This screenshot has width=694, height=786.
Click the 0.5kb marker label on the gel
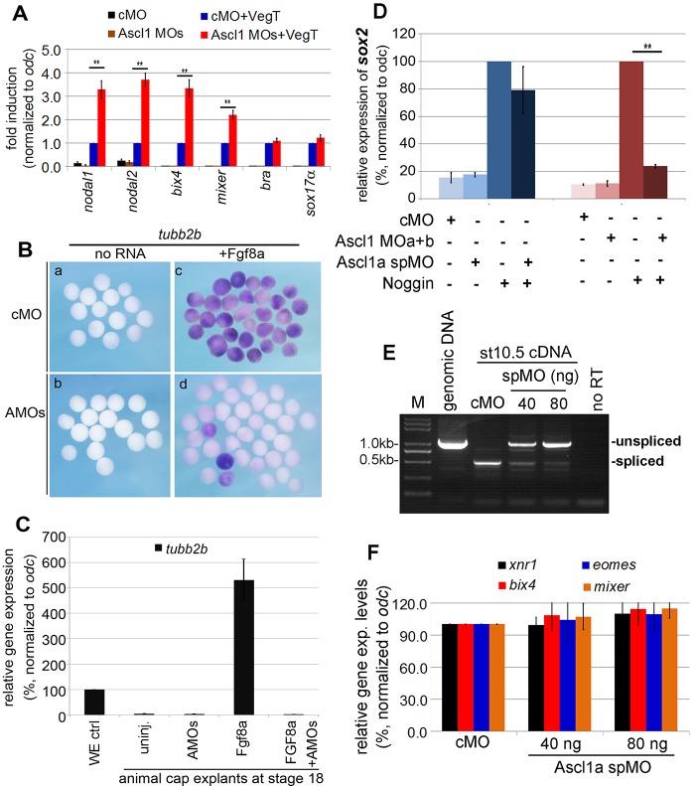[389, 463]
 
